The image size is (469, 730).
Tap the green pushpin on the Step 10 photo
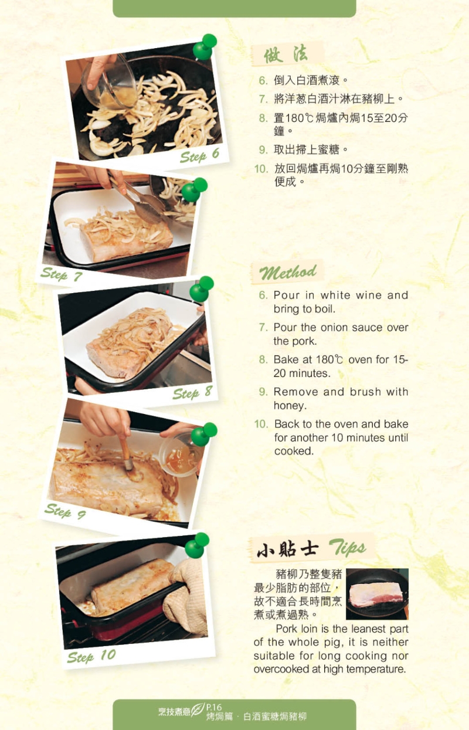click(197, 545)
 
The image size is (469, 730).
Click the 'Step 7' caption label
click(62, 274)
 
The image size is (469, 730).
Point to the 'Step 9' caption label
click(65, 511)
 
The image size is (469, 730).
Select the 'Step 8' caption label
click(192, 392)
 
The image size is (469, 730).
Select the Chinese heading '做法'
click(286, 55)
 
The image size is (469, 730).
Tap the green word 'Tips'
click(347, 548)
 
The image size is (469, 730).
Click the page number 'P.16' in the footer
click(214, 707)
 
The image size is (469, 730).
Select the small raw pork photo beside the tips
click(377, 594)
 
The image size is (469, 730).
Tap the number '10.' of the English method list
click(261, 424)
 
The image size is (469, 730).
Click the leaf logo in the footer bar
click(197, 710)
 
